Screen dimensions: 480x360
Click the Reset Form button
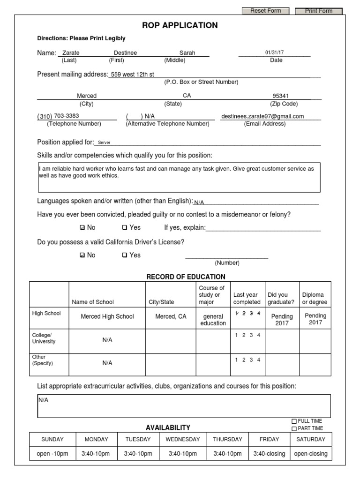(265, 11)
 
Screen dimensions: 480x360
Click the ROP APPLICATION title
(180, 25)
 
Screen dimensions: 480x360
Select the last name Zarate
(71, 53)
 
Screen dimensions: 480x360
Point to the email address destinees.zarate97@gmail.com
(262, 116)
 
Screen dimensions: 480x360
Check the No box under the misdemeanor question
(83, 228)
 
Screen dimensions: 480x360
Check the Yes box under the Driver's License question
(125, 255)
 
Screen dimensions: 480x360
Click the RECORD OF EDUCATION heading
(186, 277)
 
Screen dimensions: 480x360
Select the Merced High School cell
(107, 316)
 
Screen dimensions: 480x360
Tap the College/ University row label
(44, 338)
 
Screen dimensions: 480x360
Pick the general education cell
(213, 320)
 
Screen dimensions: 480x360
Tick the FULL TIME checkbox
(294, 421)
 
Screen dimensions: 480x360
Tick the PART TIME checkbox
(294, 428)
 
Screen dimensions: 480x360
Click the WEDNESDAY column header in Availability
(183, 439)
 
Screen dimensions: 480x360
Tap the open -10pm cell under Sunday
(52, 454)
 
